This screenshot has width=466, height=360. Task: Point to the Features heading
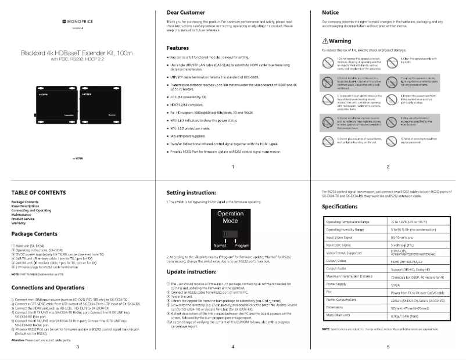pos(177,48)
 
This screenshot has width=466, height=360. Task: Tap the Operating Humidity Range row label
pos(348,229)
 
